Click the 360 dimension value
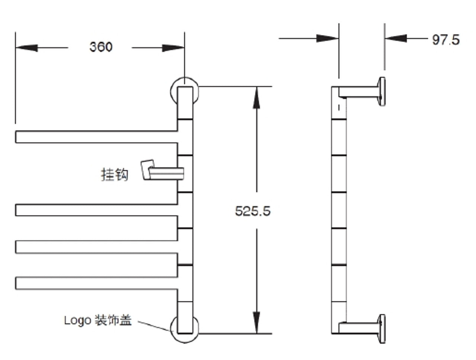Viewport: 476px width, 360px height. (x=100, y=47)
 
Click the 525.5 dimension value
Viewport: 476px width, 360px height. (x=253, y=211)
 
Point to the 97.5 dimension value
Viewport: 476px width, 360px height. (x=446, y=39)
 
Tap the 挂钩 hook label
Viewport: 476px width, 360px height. (x=115, y=174)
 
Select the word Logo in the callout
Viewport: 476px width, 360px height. (x=77, y=320)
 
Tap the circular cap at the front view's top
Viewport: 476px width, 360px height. (x=184, y=90)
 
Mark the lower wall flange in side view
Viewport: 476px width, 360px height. (x=381, y=328)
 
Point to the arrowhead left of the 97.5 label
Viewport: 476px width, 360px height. (x=396, y=38)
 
